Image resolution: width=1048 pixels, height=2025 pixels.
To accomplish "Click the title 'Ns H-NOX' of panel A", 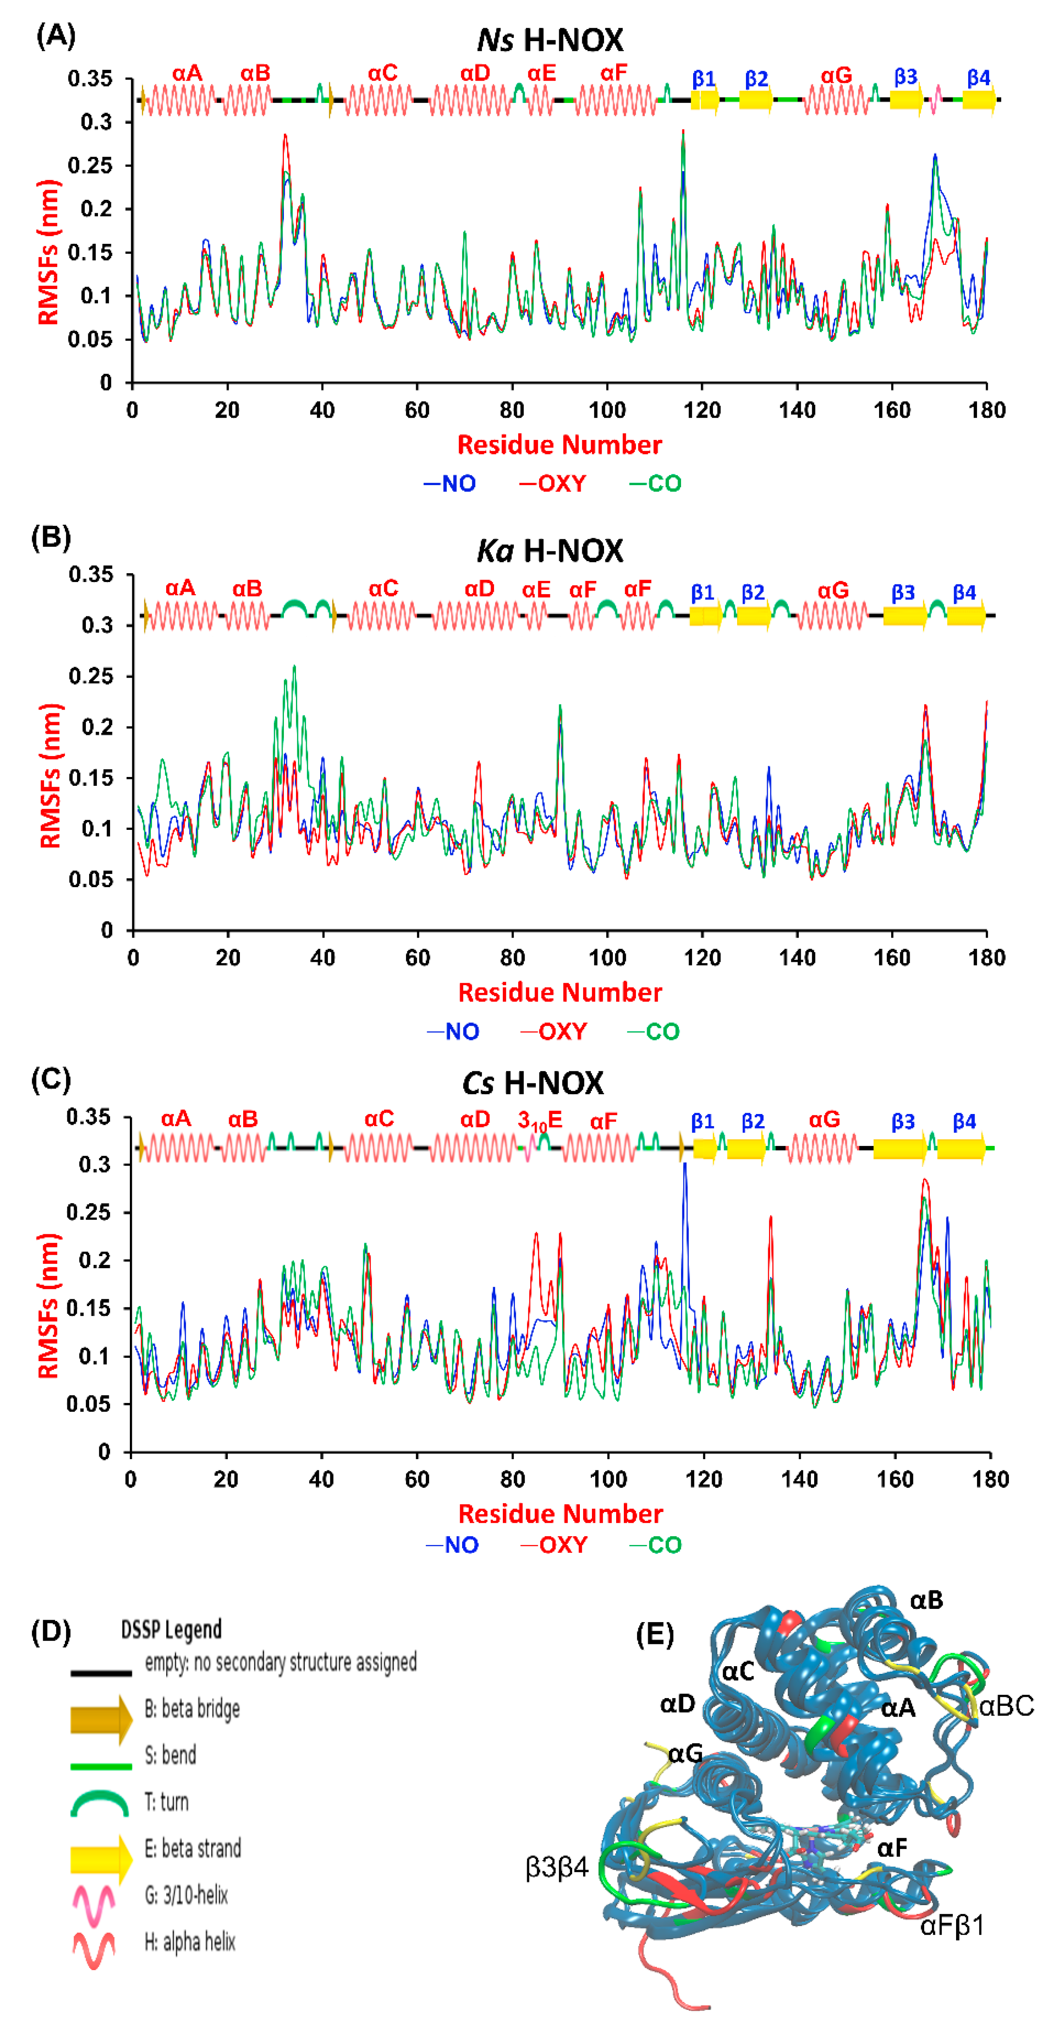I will coord(550,39).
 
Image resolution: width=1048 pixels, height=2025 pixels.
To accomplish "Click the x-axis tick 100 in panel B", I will coord(607,957).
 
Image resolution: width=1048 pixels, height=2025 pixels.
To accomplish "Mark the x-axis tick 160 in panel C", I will coord(895,1479).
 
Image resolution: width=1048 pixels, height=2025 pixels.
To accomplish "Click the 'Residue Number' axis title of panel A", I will coord(559,445).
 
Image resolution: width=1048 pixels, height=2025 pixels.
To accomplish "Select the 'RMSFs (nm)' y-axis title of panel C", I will coord(49,1305).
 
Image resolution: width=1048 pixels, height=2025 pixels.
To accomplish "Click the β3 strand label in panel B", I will coord(903,592).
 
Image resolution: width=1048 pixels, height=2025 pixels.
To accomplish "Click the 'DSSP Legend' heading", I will coord(171,1629).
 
